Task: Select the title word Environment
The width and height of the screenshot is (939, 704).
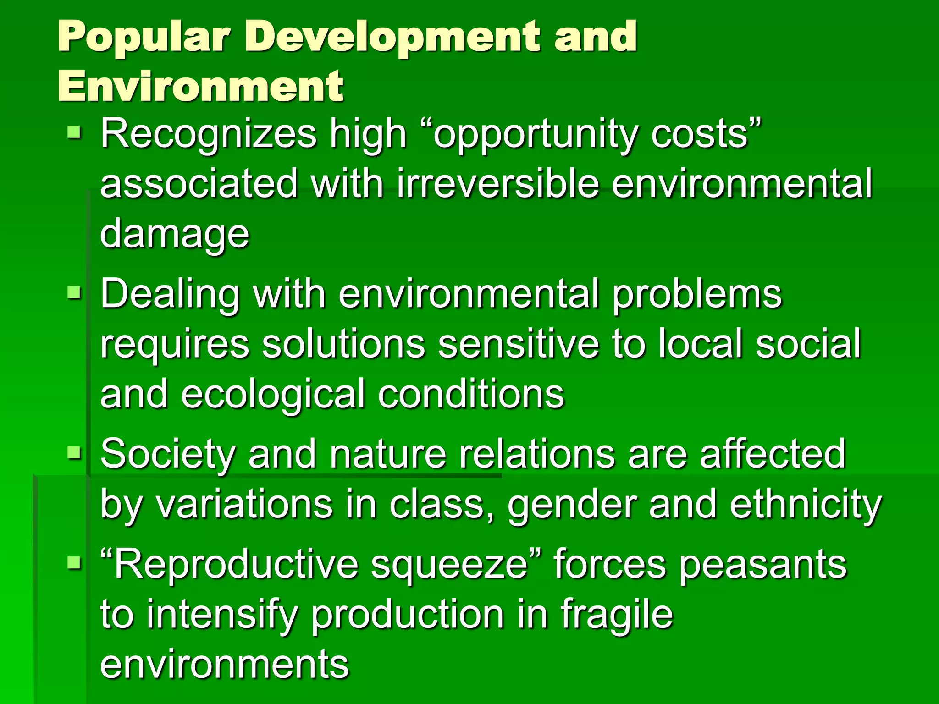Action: [200, 86]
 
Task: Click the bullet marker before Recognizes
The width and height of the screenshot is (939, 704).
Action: [74, 133]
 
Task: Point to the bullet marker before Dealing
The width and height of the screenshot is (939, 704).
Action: [74, 292]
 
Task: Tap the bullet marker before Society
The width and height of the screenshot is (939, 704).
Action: [74, 453]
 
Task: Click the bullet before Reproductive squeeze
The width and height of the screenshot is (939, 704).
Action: [74, 562]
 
